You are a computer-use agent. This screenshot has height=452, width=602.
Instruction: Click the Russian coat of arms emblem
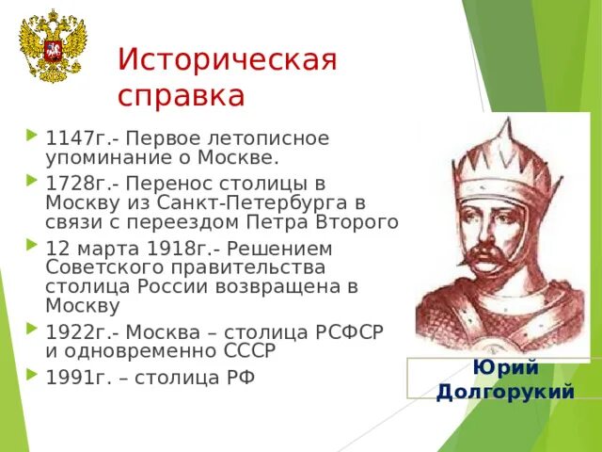(52, 48)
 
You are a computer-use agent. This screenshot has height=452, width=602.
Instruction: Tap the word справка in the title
(182, 95)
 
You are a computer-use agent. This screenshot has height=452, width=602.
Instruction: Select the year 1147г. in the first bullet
(71, 137)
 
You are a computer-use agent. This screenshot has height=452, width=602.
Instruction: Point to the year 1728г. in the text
(71, 184)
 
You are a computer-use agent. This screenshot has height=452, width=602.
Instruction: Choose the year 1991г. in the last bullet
(71, 378)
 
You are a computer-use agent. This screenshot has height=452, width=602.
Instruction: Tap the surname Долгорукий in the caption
(505, 390)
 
